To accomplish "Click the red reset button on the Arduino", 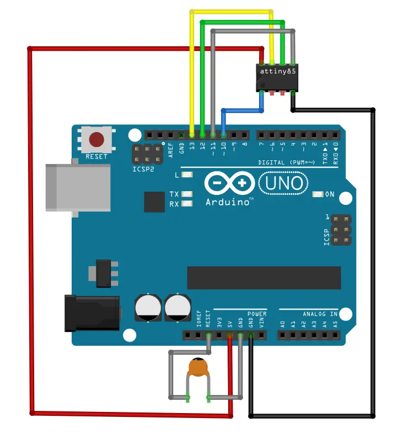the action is [96, 139].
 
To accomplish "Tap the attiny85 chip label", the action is [278, 71].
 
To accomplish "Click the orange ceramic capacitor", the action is [198, 367].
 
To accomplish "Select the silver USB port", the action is [78, 188].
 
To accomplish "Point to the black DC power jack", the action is [92, 313].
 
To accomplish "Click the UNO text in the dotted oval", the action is [284, 183].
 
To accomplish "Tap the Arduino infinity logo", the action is [229, 183].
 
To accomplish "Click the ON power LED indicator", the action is [318, 194].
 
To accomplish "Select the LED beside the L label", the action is [187, 175].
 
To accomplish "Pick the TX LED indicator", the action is [187, 194].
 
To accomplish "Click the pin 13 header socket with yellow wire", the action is [192, 135].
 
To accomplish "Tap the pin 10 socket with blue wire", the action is [223, 135].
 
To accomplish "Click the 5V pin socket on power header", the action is [229, 336].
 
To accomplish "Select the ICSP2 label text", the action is [143, 169].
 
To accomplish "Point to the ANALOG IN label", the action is [320, 314].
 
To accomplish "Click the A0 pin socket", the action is [282, 336].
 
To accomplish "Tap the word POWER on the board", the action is [257, 314].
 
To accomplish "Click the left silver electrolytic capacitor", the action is [148, 308].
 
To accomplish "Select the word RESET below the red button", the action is [96, 156].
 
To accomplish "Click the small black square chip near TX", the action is [154, 202].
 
